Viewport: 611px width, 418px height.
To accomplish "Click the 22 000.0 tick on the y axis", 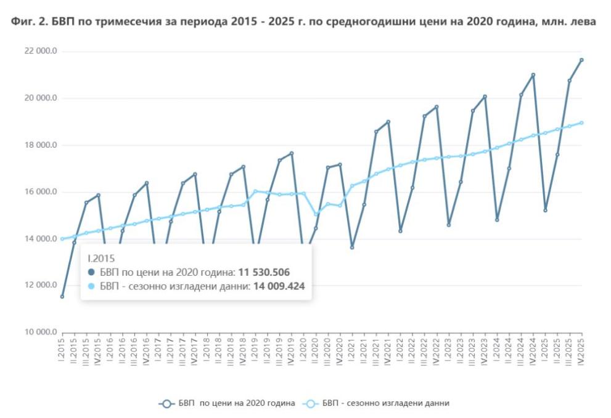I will (40, 52).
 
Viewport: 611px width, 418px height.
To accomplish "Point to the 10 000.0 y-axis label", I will (40, 332).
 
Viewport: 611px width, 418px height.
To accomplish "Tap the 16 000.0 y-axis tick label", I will (40, 192).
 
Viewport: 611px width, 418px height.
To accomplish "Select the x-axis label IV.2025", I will (581, 350).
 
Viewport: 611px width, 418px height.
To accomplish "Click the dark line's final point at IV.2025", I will (581, 60).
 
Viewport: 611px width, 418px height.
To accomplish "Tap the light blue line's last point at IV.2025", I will (581, 123).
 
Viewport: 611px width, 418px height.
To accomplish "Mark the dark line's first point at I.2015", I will (62, 297).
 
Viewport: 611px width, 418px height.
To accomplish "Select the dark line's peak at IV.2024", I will (533, 75).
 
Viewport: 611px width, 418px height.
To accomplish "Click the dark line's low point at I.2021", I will (352, 247).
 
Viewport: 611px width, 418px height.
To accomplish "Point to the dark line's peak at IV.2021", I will (388, 122).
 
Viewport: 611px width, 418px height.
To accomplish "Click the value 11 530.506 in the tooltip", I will (264, 271).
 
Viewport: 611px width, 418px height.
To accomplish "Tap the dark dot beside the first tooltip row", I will (92, 271).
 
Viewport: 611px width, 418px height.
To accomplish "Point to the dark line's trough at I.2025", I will (545, 210).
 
